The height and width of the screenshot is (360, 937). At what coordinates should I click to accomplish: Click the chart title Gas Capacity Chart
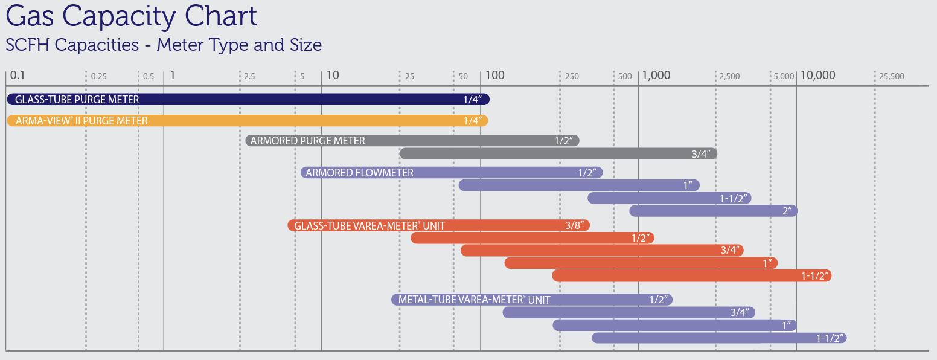(x=132, y=16)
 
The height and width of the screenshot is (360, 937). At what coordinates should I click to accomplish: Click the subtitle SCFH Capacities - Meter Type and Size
(x=164, y=45)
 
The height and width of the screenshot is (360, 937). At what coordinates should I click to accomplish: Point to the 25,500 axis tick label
(x=892, y=76)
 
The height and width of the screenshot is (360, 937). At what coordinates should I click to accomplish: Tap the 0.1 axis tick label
(x=18, y=76)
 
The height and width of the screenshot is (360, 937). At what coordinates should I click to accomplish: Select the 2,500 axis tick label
(x=729, y=76)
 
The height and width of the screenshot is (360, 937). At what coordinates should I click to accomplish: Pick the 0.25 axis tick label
(x=98, y=76)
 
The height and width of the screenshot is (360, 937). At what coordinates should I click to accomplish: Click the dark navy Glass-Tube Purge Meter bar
(x=248, y=99)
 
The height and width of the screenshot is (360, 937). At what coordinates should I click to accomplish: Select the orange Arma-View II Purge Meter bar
(x=248, y=121)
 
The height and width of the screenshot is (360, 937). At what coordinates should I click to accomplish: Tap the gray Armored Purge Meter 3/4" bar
(x=558, y=153)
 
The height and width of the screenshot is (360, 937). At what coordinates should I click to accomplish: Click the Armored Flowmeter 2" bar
(x=713, y=211)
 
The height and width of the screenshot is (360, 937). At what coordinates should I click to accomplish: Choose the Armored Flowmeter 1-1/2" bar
(x=669, y=198)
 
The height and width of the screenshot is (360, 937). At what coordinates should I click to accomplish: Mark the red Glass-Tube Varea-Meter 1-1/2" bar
(x=691, y=275)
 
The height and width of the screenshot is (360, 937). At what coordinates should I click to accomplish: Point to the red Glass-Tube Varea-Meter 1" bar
(x=641, y=263)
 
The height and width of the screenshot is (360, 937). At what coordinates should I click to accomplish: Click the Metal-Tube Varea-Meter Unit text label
(x=474, y=300)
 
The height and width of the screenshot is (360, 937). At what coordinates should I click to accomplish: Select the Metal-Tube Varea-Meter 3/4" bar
(x=628, y=312)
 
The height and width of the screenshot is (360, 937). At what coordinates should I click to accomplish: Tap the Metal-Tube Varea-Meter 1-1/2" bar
(x=718, y=338)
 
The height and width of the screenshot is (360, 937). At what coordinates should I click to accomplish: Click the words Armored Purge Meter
(x=307, y=141)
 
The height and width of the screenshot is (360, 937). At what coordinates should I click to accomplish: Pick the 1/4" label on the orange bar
(x=472, y=121)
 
